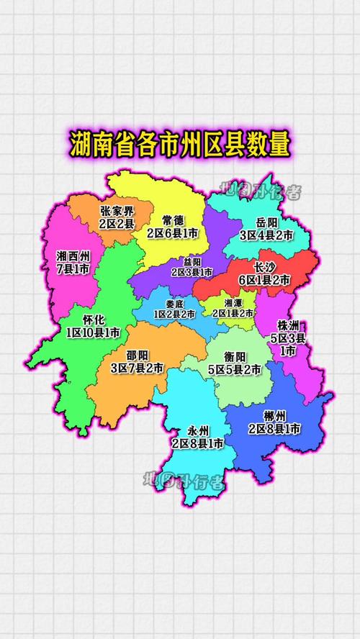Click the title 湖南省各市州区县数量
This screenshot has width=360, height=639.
pos(180,145)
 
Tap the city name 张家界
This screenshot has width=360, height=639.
pos(117,211)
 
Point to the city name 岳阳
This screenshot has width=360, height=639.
pos(266,222)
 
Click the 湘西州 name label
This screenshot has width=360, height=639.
pos(72,256)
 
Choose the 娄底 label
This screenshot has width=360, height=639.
pos(174,304)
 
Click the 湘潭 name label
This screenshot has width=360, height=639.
pos(233,303)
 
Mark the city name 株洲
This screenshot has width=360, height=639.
pos(287,325)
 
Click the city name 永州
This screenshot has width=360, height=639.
pos(197,431)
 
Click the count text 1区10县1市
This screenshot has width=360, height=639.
pos(93,333)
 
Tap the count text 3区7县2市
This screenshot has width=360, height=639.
pos(137,368)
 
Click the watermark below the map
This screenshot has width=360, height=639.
pos(184,481)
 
